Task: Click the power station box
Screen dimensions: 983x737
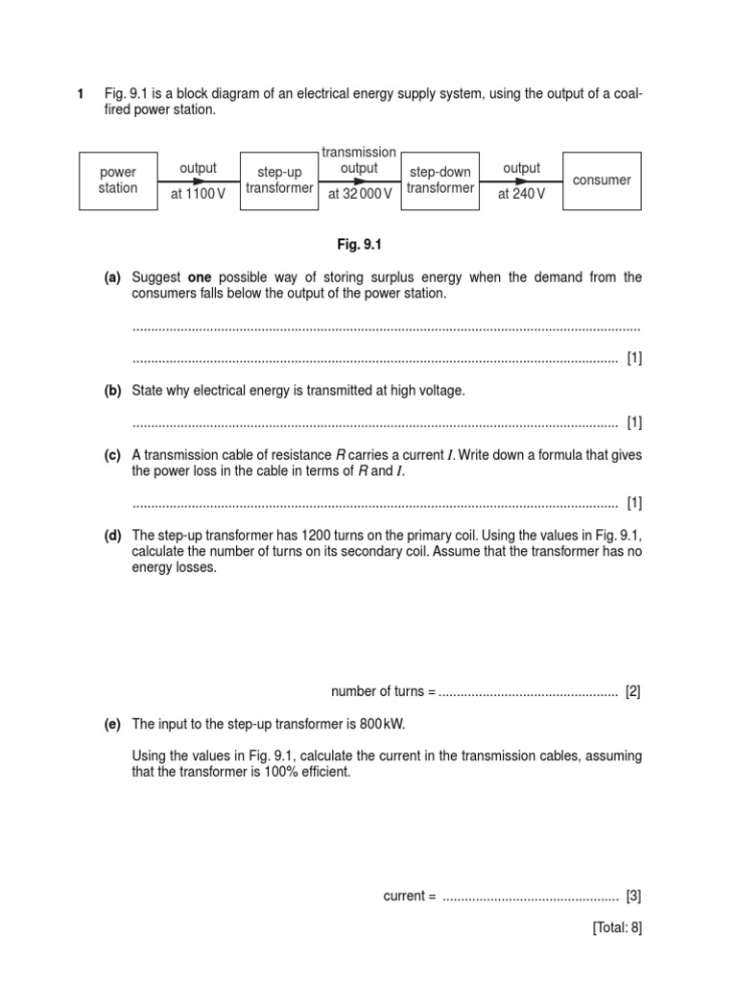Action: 118,180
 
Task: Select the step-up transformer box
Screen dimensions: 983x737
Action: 278,180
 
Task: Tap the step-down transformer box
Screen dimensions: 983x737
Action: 440,180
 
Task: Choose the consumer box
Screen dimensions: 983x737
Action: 602,180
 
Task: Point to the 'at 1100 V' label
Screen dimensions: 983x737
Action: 199,194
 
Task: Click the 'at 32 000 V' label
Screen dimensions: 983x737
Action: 360,194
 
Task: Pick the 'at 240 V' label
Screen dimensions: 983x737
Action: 521,194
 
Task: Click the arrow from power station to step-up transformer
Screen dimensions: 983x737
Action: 199,180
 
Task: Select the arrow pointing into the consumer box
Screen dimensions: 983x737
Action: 521,180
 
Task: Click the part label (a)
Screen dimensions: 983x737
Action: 112,277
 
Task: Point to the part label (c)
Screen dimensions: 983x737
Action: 112,455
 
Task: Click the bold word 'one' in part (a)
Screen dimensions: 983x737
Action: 199,277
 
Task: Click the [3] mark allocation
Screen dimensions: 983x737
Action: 633,896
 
